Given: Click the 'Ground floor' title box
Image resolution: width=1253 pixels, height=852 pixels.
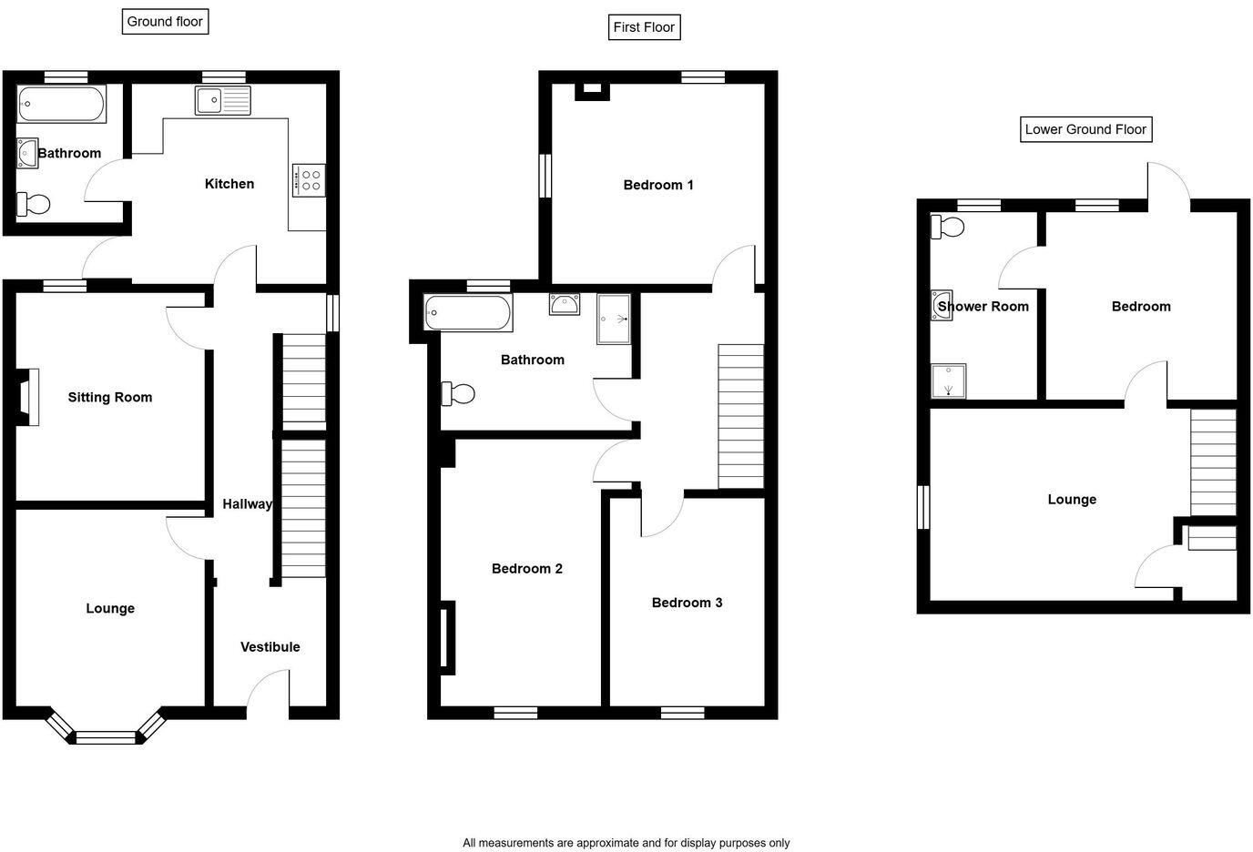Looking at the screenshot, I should click(165, 22).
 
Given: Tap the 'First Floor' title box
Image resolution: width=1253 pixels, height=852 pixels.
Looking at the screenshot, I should click(644, 27).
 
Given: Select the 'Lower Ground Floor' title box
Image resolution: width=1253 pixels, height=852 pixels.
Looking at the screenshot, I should click(1085, 129).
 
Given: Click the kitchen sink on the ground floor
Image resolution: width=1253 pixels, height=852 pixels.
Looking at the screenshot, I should click(222, 100).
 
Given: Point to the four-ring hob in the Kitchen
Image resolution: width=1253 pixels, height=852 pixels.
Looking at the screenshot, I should click(308, 179).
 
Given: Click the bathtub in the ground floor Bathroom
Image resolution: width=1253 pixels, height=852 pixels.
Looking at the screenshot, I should click(61, 104).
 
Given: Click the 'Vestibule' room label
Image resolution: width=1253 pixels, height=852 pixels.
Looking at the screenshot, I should click(270, 647).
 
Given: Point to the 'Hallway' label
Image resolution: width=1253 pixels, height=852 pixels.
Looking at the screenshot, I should click(247, 504).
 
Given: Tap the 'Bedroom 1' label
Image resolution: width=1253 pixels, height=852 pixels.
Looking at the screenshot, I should click(657, 186).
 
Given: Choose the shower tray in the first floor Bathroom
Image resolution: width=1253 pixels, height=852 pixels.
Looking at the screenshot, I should click(614, 319).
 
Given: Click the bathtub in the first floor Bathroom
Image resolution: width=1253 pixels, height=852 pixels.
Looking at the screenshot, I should click(468, 313).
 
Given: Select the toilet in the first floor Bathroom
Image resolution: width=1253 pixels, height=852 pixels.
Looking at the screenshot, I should click(458, 394).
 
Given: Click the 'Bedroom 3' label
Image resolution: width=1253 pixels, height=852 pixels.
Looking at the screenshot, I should click(687, 603).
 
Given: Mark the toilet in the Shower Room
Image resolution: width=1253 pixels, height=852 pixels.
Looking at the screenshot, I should click(947, 226).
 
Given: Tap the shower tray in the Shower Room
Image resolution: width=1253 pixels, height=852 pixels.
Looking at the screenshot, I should click(948, 381).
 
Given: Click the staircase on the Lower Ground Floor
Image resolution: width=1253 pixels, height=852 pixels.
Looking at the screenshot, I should click(1214, 462).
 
